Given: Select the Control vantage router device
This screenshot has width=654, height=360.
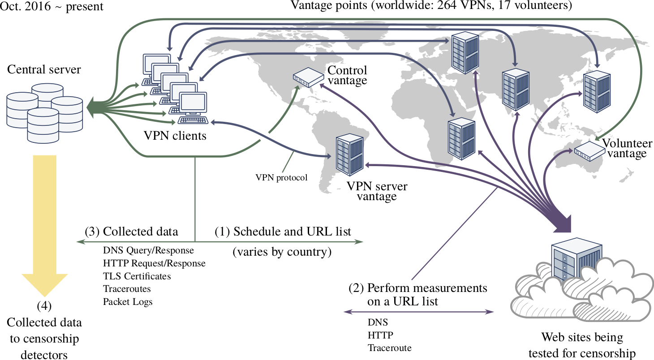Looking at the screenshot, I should tap(309, 77).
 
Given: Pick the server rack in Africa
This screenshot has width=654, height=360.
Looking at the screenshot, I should tap(461, 138).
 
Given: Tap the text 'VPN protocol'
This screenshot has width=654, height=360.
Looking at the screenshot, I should tap(281, 178).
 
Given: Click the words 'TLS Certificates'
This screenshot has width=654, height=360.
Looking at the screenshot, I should tap(137, 276).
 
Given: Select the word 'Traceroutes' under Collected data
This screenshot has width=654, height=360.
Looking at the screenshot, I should tap(127, 289).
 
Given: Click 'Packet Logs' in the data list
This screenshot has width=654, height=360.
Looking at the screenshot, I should tap(128, 302).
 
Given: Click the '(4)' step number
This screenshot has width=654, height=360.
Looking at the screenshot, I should tap(44, 307).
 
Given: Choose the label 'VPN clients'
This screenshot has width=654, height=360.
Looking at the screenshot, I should tap(175, 135).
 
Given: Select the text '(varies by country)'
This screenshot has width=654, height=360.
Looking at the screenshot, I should tap(282, 252).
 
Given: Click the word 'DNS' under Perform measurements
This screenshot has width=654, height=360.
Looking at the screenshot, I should tap(378, 322).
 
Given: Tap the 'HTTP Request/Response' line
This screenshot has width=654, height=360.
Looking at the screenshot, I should tap(154, 263).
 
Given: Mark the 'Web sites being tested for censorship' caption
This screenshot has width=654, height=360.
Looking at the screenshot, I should tap(582, 345).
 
